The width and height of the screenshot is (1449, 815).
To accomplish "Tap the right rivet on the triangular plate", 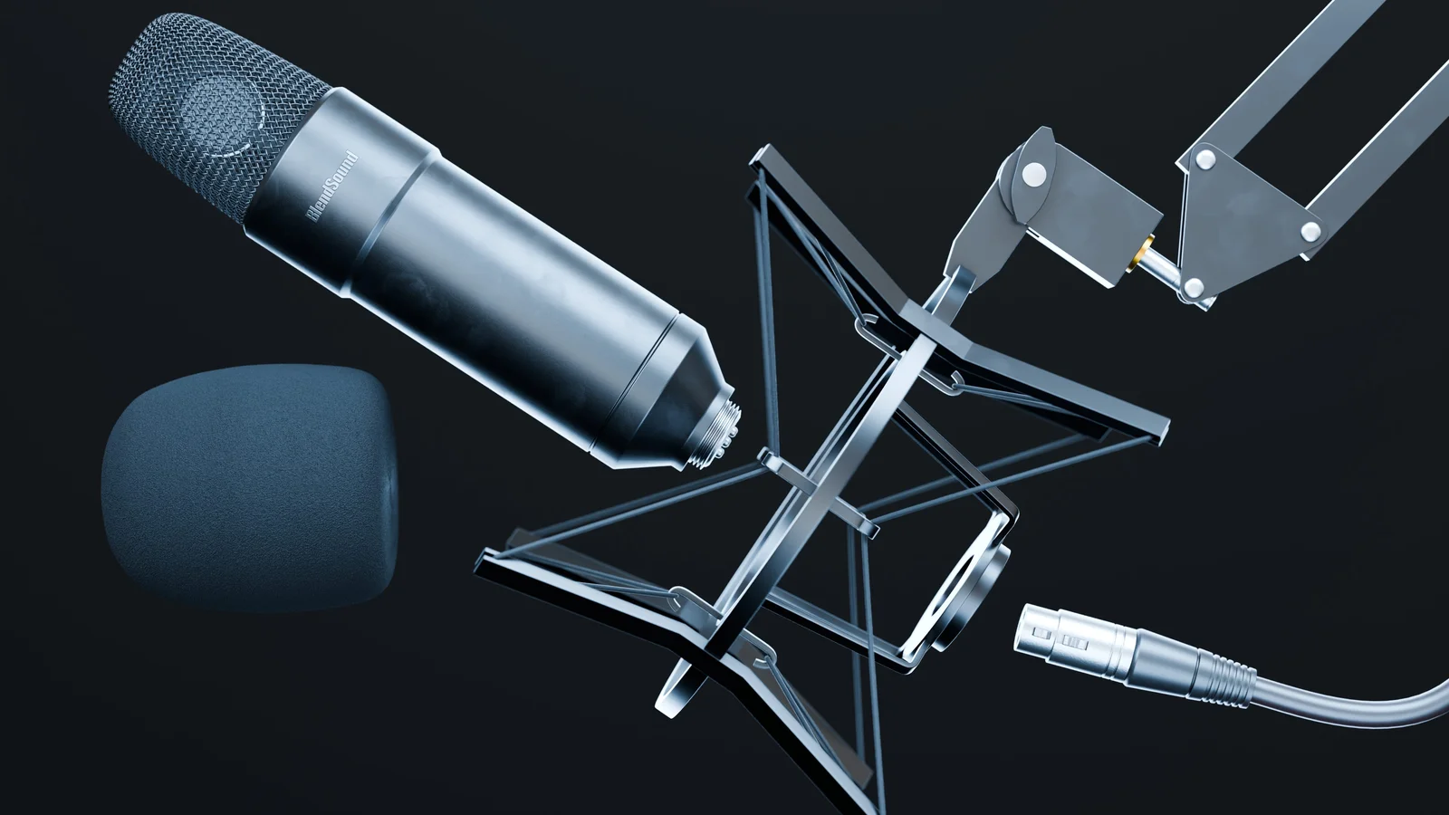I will tap(1310, 232).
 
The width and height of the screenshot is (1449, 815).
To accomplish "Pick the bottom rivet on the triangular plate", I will tap(1194, 288).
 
